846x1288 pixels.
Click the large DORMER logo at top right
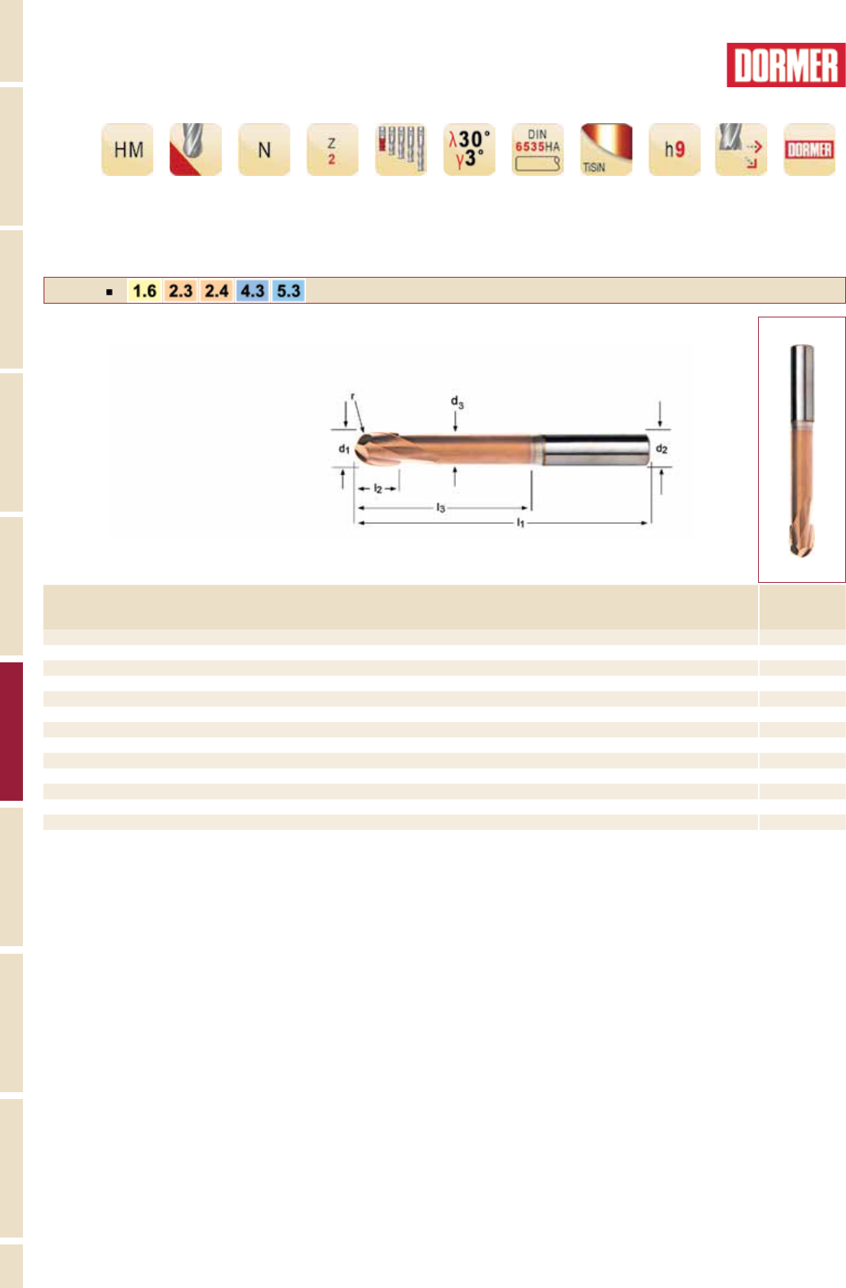(786, 65)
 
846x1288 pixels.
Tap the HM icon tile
(128, 149)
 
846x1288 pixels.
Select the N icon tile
(264, 149)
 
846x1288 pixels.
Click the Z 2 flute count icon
(333, 149)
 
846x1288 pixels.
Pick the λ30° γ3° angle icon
(470, 149)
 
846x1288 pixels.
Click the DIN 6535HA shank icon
(538, 149)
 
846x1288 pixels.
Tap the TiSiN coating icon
(606, 149)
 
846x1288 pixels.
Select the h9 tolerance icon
(675, 149)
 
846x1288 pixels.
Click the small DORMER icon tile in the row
(809, 149)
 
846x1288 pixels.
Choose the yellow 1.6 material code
(145, 291)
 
